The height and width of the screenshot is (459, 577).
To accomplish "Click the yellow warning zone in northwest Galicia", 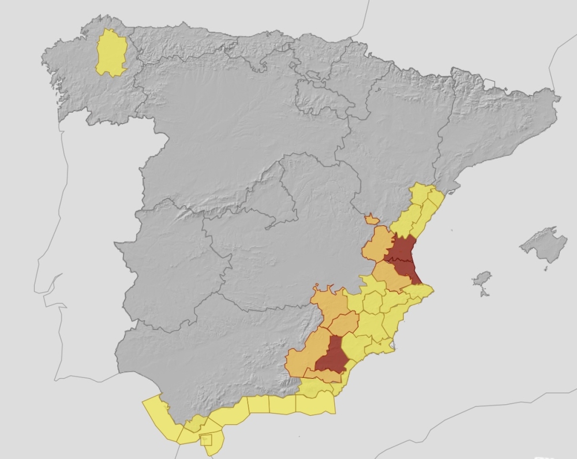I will pos(110,53).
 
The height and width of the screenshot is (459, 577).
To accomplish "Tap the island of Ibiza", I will pos(481,280).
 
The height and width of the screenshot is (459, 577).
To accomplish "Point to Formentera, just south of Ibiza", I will pos(484,293).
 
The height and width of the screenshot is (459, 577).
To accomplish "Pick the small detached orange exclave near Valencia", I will pos(372,219).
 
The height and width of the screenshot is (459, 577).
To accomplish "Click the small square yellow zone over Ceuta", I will pos(206,440).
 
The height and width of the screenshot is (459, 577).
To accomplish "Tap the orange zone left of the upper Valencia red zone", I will pos(376,245).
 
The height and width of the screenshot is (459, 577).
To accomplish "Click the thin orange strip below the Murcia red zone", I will pos(326,376).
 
